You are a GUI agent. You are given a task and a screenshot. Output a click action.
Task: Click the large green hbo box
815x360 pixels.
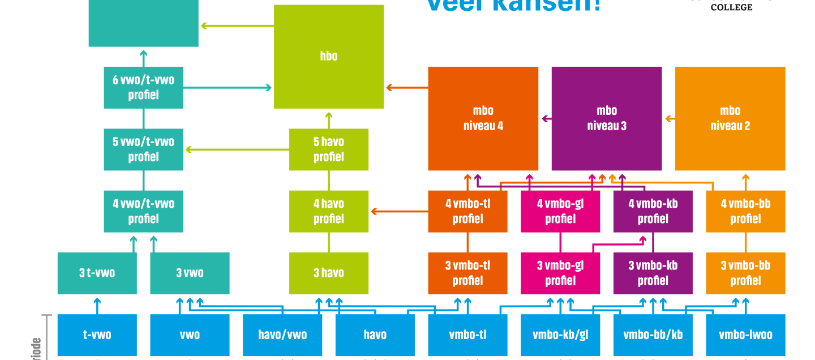(328, 57)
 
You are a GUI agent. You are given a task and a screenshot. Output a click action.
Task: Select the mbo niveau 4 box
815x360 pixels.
(483, 118)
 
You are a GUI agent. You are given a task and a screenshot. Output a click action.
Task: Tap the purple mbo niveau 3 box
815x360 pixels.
(606, 118)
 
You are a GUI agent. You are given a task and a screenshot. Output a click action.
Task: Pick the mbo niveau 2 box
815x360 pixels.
(730, 118)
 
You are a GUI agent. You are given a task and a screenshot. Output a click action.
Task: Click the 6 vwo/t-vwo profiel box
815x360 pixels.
(143, 88)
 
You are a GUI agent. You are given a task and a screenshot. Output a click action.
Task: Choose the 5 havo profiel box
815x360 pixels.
(328, 149)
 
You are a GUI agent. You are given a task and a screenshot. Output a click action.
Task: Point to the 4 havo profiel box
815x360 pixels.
(328, 211)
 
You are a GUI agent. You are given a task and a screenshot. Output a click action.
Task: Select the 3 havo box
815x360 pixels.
(328, 273)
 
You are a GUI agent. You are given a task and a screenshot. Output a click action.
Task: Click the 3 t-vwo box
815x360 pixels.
(97, 273)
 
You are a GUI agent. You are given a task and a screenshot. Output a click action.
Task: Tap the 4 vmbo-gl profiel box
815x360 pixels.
(560, 211)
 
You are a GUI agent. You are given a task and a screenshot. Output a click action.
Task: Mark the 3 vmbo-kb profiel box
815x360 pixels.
(653, 273)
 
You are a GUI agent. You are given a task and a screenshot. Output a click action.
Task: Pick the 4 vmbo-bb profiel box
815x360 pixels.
(745, 211)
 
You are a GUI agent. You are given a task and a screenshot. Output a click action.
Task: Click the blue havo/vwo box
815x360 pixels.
(282, 335)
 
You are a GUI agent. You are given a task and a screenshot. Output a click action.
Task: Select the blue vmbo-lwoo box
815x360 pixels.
(745, 335)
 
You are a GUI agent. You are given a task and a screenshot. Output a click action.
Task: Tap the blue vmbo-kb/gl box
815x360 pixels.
(560, 335)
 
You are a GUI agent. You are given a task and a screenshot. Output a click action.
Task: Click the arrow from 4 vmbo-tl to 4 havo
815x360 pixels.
(399, 212)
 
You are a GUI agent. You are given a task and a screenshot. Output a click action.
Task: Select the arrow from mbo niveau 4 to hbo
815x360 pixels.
(406, 88)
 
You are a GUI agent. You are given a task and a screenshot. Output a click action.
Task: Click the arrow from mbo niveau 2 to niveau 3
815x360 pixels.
(670, 119)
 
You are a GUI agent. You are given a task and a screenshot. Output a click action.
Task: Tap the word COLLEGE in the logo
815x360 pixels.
(731, 7)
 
